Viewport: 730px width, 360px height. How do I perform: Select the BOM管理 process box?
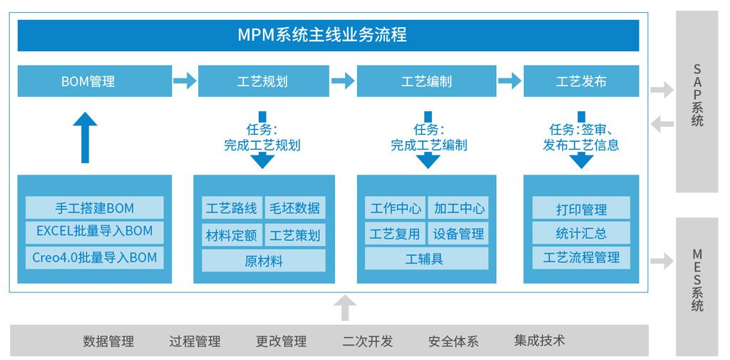point(95,81)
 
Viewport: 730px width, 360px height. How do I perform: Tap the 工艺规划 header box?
point(262,81)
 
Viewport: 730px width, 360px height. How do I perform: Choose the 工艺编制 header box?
point(426,81)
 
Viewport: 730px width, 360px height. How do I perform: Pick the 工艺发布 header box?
point(581,81)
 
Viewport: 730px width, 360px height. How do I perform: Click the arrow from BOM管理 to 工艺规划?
point(185,81)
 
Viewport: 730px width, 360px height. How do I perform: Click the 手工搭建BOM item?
point(95,208)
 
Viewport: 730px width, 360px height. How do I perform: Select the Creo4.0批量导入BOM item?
point(95,257)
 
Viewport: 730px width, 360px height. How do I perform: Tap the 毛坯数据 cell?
point(294,208)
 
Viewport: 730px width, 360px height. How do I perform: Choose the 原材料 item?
point(263,261)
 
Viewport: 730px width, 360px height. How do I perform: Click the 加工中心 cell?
point(459,208)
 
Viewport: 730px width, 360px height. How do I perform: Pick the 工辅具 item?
point(426,259)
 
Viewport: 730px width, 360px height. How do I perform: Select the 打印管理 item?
point(581,209)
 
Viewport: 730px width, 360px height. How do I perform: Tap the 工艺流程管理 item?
point(581,257)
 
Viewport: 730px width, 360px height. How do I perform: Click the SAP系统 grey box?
point(696,102)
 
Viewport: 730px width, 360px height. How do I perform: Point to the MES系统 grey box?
point(696,286)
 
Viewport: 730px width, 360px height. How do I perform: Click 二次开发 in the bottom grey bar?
point(367,341)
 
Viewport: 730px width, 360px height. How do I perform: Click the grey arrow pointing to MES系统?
point(662,261)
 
